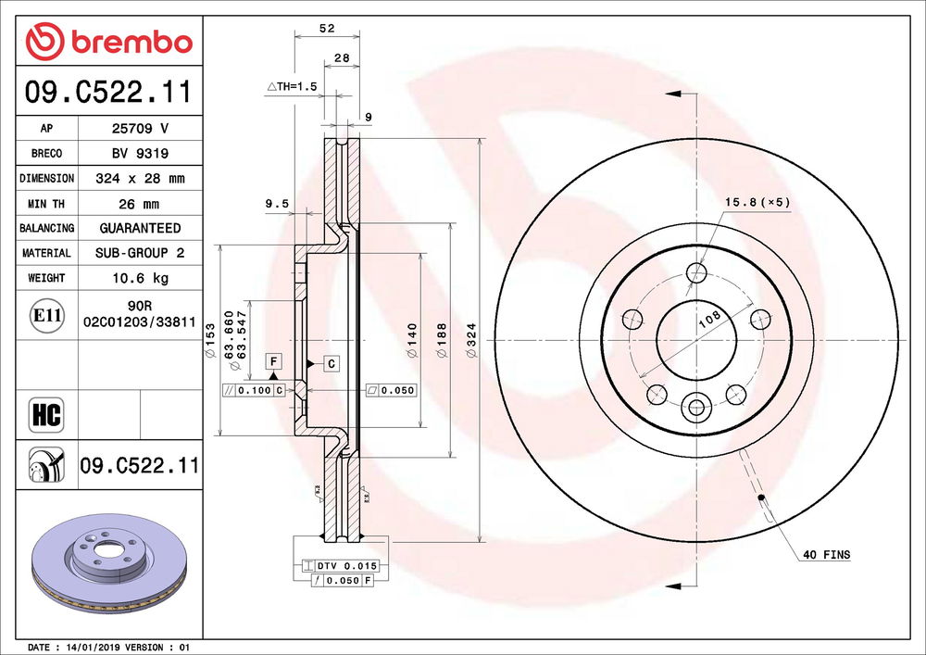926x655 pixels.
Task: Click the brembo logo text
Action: point(131,42)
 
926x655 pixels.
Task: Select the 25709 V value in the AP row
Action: point(140,128)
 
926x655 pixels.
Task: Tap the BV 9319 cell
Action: point(140,154)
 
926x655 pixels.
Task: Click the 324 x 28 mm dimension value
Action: point(140,179)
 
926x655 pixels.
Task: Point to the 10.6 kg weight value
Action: point(140,278)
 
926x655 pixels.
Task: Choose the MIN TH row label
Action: point(46,204)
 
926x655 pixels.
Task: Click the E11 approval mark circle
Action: point(46,315)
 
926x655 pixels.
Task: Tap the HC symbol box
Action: point(46,415)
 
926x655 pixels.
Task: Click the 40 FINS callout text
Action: point(827,555)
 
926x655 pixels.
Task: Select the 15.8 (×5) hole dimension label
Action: point(757,202)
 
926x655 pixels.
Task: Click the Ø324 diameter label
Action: point(471,340)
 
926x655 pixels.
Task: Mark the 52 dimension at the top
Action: point(327,29)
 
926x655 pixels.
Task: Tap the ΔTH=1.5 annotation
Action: point(292,86)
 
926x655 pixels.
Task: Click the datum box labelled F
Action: point(273,361)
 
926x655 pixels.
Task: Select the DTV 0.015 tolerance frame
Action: point(339,566)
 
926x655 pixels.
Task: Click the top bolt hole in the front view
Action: point(697,273)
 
